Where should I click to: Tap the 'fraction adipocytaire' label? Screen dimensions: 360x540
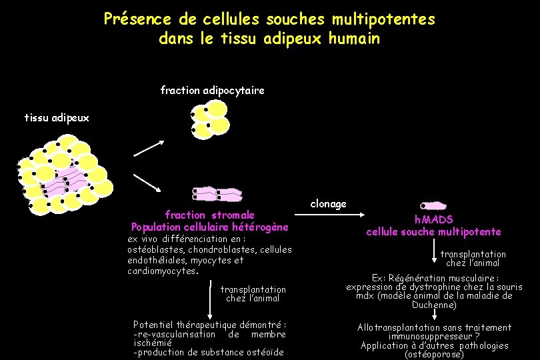(212, 89)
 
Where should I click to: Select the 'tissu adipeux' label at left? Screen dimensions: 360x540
(56, 118)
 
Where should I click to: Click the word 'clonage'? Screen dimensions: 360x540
(328, 203)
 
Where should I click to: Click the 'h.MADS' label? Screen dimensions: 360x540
(433, 219)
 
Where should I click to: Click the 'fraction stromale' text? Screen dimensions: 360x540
(210, 215)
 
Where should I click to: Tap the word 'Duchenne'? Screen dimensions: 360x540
(433, 305)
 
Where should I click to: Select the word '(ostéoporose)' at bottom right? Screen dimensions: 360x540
(434, 355)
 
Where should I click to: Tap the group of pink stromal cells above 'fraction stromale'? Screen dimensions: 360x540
(217, 195)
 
